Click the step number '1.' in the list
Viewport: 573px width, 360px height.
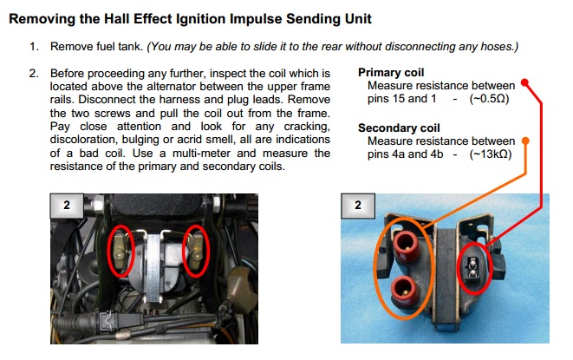(x=35, y=45)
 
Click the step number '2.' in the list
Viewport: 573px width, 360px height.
(x=35, y=74)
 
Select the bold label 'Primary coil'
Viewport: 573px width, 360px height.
(x=391, y=73)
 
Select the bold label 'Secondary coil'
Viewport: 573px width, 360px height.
(x=400, y=128)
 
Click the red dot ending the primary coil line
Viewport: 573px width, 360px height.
(x=526, y=86)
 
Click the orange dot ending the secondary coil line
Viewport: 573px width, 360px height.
(x=526, y=141)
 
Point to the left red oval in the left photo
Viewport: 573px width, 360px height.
(x=120, y=250)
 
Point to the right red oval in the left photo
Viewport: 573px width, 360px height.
(x=195, y=250)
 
